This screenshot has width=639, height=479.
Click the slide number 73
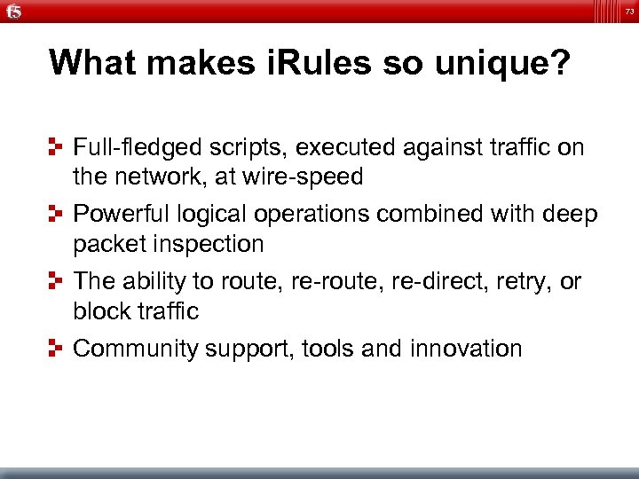pos(627,10)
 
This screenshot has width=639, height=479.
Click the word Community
pos(136,349)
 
